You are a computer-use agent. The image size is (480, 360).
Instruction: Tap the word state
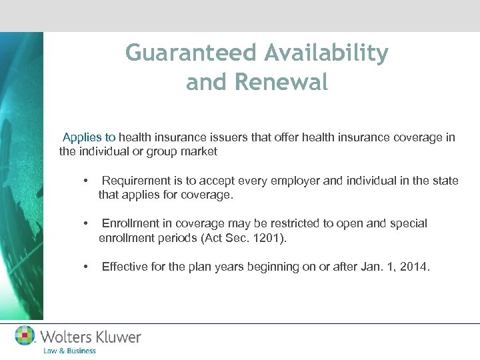pos(445,181)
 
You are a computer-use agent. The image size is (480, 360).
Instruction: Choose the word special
pos(408,223)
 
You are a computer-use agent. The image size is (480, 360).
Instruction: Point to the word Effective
pos(125,267)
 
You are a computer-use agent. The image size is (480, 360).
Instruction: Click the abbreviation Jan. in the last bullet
pos(367,267)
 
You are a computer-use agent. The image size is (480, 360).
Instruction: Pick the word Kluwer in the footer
pos(115,337)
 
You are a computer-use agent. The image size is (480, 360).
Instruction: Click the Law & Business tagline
pos(69,351)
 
